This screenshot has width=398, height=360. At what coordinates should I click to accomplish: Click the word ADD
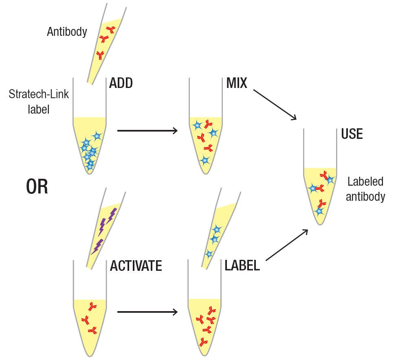pos(121,83)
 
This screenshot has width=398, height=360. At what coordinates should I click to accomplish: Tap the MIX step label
pos(237,83)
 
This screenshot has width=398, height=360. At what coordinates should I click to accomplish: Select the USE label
pos(352,134)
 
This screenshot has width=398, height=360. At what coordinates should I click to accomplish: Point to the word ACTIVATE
pos(136,266)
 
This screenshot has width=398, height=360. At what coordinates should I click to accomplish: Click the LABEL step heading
pos(242,266)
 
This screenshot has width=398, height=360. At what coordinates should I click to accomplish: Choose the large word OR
pos(37,187)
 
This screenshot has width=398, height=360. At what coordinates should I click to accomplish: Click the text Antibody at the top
pos(67,32)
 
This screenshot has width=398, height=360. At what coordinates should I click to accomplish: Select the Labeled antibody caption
pos(365,189)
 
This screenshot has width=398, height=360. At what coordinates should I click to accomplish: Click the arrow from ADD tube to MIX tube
pos(147,131)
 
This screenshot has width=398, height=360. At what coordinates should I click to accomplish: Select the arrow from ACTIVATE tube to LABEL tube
pos(147,312)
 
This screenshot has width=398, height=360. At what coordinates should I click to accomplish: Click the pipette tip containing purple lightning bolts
pos(105,228)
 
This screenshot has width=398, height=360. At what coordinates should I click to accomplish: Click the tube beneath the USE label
pos(320,191)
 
